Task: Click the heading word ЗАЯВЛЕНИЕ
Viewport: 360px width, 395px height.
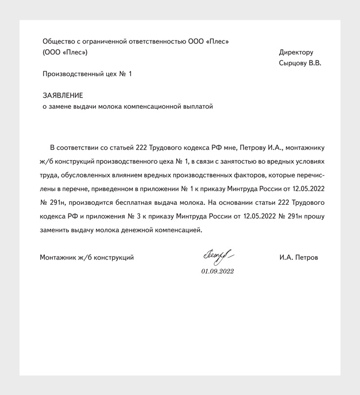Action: tap(63, 96)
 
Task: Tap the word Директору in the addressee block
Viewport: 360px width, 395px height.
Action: tap(296, 52)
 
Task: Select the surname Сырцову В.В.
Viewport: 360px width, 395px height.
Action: tap(300, 63)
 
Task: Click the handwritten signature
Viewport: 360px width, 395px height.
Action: tap(216, 256)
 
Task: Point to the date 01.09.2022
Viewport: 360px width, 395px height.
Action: tap(218, 271)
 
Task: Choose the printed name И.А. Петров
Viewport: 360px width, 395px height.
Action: tap(299, 257)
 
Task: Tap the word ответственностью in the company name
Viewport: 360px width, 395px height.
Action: tap(158, 41)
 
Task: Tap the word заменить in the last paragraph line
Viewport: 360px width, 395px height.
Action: tap(56, 229)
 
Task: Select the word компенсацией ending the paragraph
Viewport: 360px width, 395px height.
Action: tap(179, 229)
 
